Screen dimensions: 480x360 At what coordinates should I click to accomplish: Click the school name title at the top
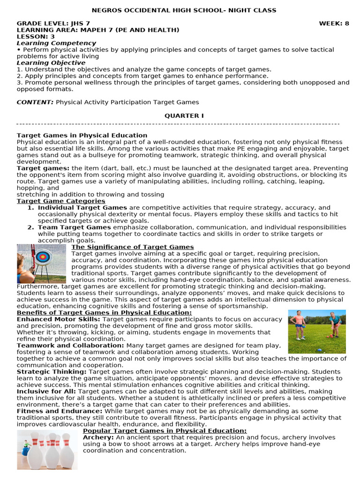(x=184, y=10)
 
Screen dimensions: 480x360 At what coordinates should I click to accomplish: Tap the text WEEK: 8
(x=334, y=23)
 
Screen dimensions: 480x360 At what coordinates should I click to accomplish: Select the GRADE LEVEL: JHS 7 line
(x=53, y=23)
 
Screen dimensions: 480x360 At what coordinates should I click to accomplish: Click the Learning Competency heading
(x=49, y=43)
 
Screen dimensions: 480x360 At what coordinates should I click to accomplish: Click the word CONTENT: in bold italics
(x=35, y=102)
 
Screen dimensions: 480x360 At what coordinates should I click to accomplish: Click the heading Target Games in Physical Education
(x=82, y=135)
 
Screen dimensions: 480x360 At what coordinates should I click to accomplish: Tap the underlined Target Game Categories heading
(x=61, y=201)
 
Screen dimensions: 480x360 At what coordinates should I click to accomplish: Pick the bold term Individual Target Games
(x=82, y=208)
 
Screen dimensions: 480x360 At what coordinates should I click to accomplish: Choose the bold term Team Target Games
(x=74, y=227)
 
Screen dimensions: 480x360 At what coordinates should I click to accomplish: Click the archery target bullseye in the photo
(x=44, y=257)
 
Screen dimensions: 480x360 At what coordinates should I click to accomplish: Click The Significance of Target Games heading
(x=132, y=247)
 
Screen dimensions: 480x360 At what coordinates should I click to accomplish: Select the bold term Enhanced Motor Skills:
(x=59, y=319)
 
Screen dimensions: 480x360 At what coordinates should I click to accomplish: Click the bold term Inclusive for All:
(x=47, y=391)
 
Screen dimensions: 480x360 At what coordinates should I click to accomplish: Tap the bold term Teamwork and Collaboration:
(x=70, y=345)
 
